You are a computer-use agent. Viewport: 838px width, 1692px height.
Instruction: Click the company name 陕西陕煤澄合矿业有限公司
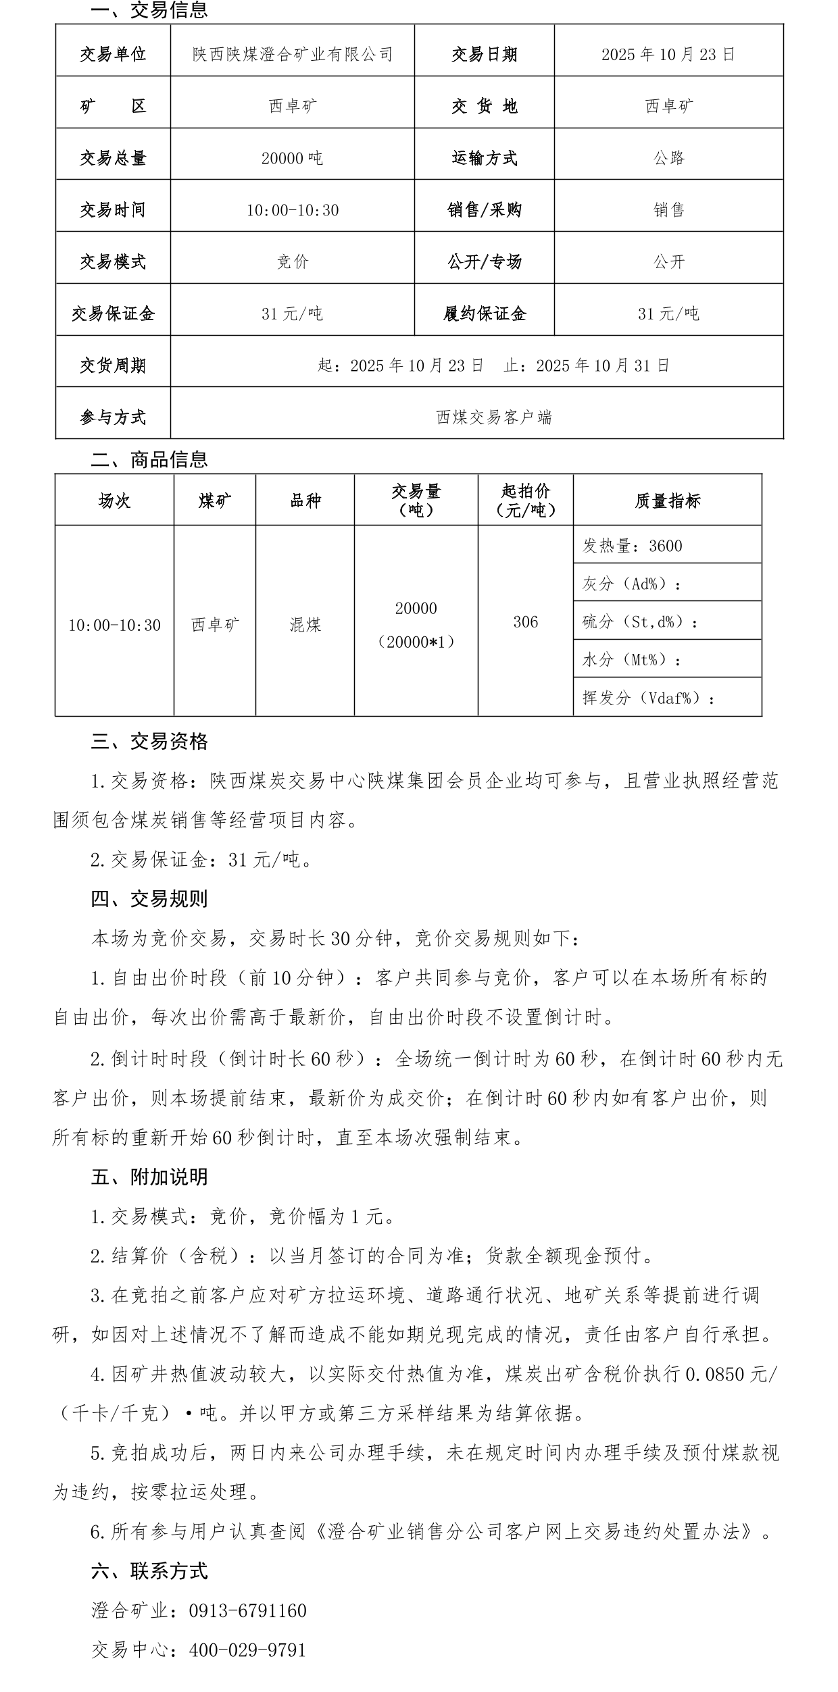tap(293, 54)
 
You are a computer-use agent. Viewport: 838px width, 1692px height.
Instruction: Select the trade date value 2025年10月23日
tap(668, 54)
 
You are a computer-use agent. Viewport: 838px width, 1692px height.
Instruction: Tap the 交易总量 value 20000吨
tap(292, 159)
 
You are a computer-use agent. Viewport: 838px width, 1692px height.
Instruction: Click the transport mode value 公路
tap(669, 158)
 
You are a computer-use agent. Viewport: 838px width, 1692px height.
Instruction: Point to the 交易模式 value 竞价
tap(293, 262)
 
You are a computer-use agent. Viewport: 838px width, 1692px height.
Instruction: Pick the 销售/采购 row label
tap(484, 210)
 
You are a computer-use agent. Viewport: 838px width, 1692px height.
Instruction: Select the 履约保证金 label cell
tap(484, 314)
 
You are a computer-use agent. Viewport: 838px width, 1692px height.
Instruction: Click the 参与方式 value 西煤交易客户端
tap(494, 417)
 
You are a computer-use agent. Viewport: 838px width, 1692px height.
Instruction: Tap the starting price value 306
tap(525, 622)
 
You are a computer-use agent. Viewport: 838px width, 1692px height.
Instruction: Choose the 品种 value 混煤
tap(305, 625)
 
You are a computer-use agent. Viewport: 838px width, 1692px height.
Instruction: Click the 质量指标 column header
tap(667, 501)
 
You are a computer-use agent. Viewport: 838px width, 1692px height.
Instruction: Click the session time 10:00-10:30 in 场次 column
tap(114, 625)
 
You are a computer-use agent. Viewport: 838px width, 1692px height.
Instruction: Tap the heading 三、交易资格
tap(149, 742)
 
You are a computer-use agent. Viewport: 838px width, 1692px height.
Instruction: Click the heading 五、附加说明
tap(149, 1177)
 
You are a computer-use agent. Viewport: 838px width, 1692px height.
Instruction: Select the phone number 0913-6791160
tap(247, 1611)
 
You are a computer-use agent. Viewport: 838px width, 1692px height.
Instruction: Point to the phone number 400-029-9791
tap(247, 1651)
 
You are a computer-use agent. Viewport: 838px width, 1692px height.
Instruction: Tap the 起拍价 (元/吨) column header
tap(525, 501)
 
